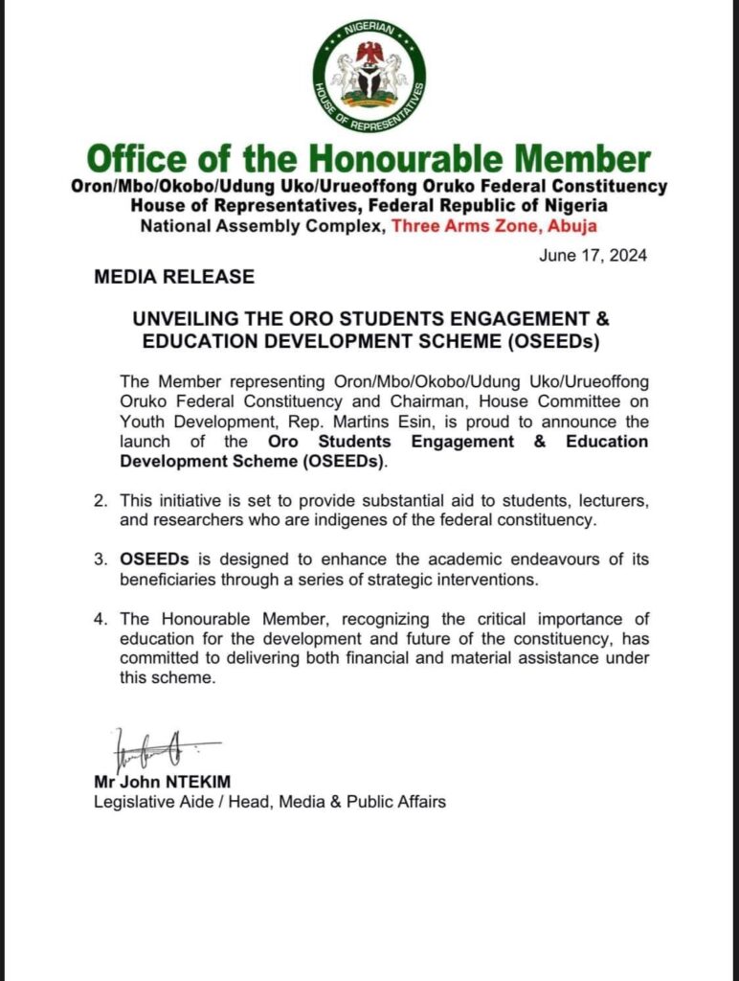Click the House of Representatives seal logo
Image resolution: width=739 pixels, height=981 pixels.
[x=369, y=76]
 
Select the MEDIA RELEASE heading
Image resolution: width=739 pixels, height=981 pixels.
[x=174, y=278]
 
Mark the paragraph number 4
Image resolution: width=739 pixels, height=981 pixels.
[x=100, y=620]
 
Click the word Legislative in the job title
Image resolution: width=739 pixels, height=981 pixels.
[x=132, y=802]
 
